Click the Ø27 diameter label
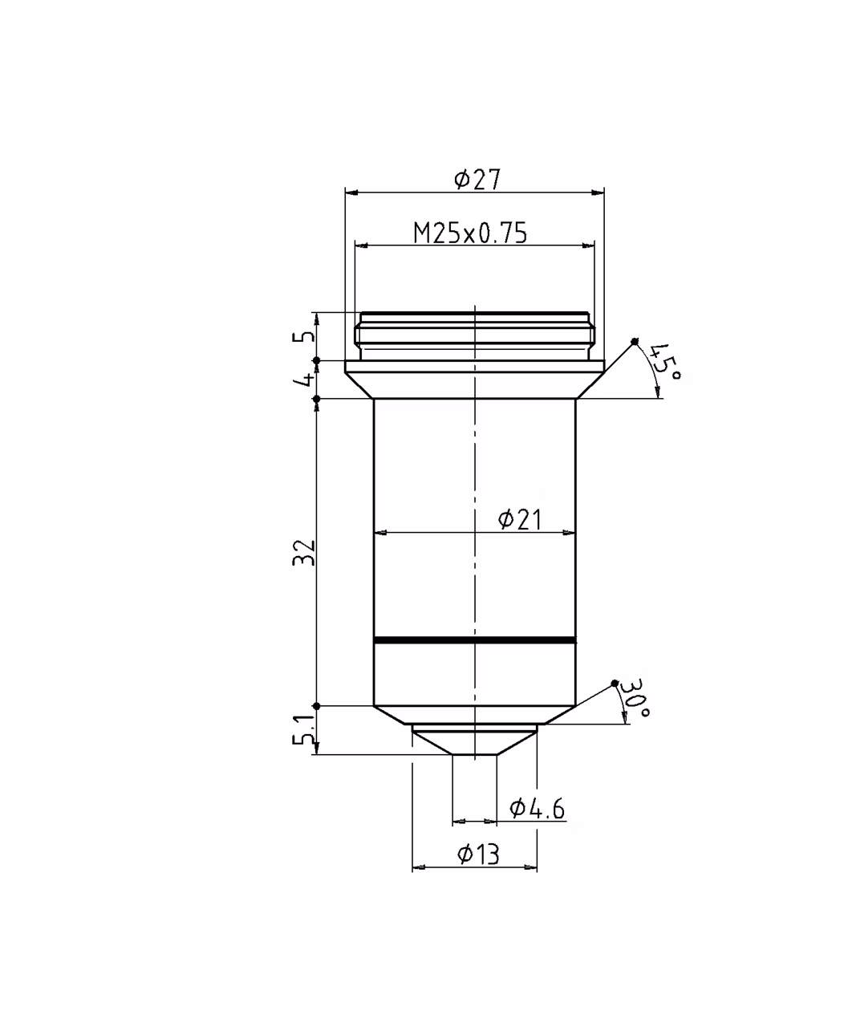(477, 179)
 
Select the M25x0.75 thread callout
(470, 233)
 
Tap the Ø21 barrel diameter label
(520, 519)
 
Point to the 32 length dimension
(304, 552)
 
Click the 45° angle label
(665, 361)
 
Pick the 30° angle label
(634, 698)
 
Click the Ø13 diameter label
(478, 854)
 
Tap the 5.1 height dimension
(304, 729)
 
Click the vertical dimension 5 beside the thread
(304, 336)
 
